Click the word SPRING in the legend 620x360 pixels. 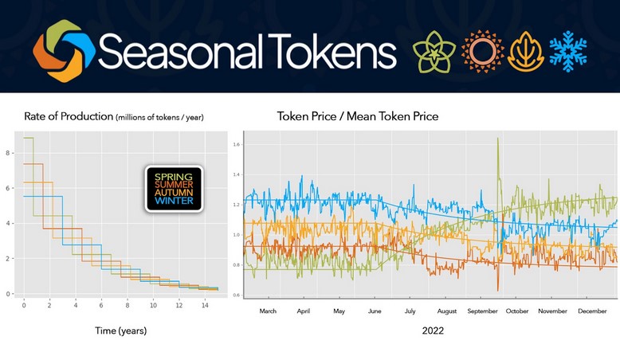173,176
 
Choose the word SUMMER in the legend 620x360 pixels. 173,185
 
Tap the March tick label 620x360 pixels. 269,311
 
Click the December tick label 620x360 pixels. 592,311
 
